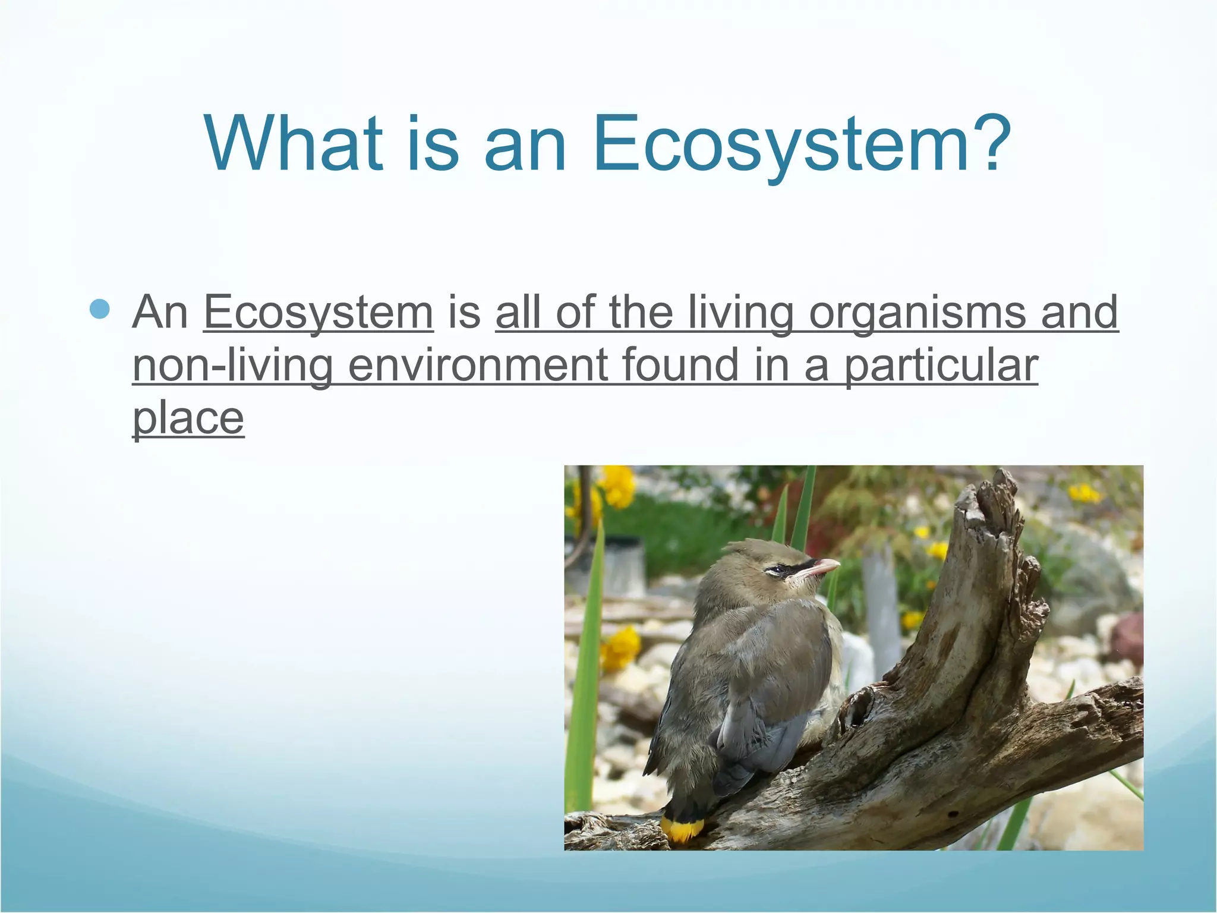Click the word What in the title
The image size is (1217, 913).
pyautogui.click(x=294, y=144)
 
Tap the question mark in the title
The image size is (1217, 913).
pyautogui.click(x=988, y=144)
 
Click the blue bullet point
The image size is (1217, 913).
pyautogui.click(x=100, y=310)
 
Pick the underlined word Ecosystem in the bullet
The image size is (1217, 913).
pyautogui.click(x=319, y=313)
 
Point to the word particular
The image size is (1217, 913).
pyautogui.click(x=941, y=367)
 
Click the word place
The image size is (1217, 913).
pyautogui.click(x=188, y=419)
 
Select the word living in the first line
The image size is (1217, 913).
pyautogui.click(x=741, y=313)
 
